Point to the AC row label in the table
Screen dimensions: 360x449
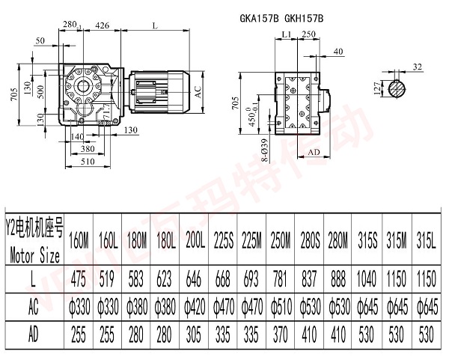click(x=34, y=308)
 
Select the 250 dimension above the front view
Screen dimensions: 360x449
click(x=308, y=34)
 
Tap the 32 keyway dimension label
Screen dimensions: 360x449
click(x=417, y=67)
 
